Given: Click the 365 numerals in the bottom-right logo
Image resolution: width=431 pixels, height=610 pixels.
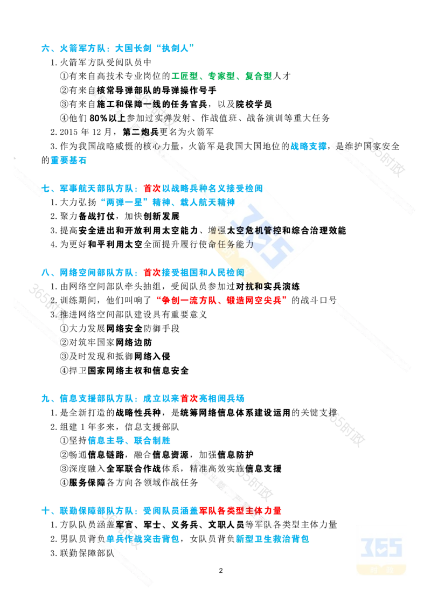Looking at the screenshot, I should [x=381, y=547].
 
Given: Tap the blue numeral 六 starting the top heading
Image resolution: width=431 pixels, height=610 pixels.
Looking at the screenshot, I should [x=43, y=49].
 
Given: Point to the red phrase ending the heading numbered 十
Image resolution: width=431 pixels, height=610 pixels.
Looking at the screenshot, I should [x=241, y=510].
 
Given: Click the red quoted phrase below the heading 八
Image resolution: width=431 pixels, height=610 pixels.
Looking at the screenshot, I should [x=221, y=300].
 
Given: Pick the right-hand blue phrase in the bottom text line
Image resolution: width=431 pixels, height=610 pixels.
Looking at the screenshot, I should [x=272, y=538].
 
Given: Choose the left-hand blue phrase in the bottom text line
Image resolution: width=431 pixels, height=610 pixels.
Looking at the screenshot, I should [x=143, y=538].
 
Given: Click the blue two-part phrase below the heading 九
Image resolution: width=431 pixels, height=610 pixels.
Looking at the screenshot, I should [x=129, y=441].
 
